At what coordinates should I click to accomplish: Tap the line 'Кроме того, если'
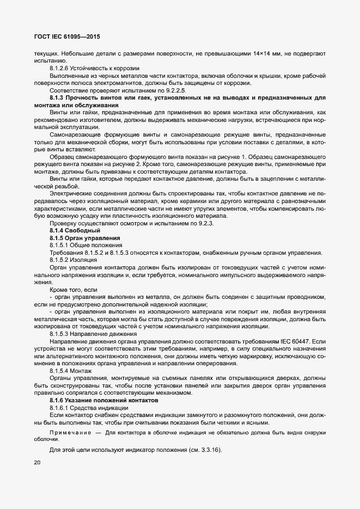[x=74, y=290]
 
